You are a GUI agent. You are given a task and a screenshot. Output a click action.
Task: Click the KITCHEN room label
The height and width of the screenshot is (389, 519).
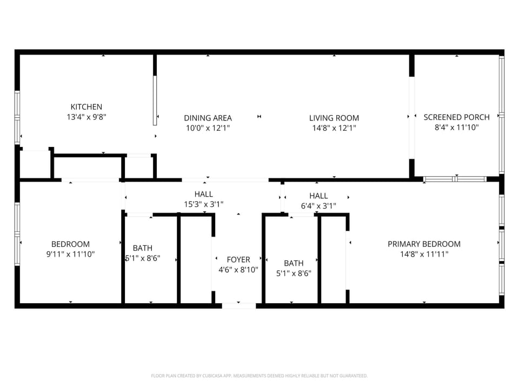pyautogui.click(x=86, y=107)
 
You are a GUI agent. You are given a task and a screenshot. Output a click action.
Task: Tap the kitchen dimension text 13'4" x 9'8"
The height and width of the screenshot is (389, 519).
pyautogui.click(x=86, y=117)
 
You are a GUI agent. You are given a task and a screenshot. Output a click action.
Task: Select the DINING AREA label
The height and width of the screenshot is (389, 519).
pyautogui.click(x=208, y=118)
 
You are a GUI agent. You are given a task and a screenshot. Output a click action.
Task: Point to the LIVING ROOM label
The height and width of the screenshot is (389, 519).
pyautogui.click(x=334, y=118)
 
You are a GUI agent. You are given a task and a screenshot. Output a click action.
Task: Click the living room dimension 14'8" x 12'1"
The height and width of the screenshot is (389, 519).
pyautogui.click(x=334, y=128)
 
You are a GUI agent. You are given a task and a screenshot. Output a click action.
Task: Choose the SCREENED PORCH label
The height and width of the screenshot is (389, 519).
pyautogui.click(x=456, y=117)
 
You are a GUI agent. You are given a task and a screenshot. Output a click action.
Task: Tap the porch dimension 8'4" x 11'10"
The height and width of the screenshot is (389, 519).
pyautogui.click(x=456, y=128)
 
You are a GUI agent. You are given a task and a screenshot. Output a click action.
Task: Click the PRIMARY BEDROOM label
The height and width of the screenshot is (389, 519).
pyautogui.click(x=424, y=244)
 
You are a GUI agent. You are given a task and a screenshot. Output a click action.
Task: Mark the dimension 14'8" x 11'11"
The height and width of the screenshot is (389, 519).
pyautogui.click(x=424, y=254)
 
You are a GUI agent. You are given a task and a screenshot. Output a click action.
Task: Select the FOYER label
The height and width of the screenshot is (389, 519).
pyautogui.click(x=238, y=259)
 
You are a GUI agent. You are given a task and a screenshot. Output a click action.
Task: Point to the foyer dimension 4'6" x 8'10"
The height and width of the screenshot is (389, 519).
pyautogui.click(x=238, y=270)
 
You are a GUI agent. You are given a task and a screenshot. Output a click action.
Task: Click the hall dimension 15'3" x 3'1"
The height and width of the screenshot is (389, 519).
pyautogui.click(x=203, y=204)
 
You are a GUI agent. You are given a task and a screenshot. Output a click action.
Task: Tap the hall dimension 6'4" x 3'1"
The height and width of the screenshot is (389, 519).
pyautogui.click(x=318, y=205)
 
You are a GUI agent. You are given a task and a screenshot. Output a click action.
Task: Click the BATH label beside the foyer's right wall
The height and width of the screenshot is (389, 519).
pyautogui.click(x=294, y=263)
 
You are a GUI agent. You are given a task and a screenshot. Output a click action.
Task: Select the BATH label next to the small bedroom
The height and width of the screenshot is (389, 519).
pyautogui.click(x=142, y=248)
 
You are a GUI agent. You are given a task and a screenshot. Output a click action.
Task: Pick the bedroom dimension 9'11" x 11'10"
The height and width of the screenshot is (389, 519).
pyautogui.click(x=70, y=254)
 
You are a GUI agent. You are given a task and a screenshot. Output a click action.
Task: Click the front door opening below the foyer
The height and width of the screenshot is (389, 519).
pyautogui.click(x=238, y=306)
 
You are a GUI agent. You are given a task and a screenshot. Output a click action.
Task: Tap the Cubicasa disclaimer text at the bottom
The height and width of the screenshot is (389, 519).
pyautogui.click(x=259, y=375)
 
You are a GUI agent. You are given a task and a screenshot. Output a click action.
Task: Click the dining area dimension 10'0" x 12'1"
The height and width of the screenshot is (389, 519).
pyautogui.click(x=208, y=128)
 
